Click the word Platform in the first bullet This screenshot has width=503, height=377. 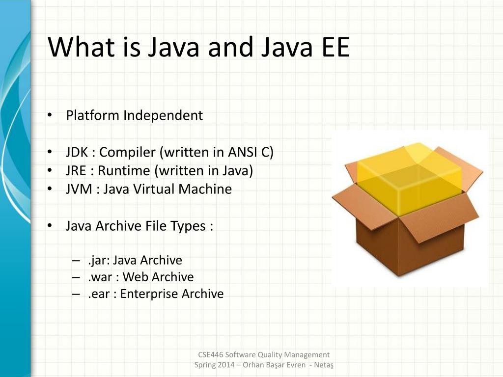93,115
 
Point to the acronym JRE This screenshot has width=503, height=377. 77,170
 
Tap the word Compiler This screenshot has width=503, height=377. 127,152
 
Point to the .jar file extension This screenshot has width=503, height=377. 98,260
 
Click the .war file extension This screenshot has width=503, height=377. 100,277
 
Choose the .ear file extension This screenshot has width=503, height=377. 99,294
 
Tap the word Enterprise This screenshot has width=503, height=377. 149,294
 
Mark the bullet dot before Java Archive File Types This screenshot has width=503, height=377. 50,226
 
